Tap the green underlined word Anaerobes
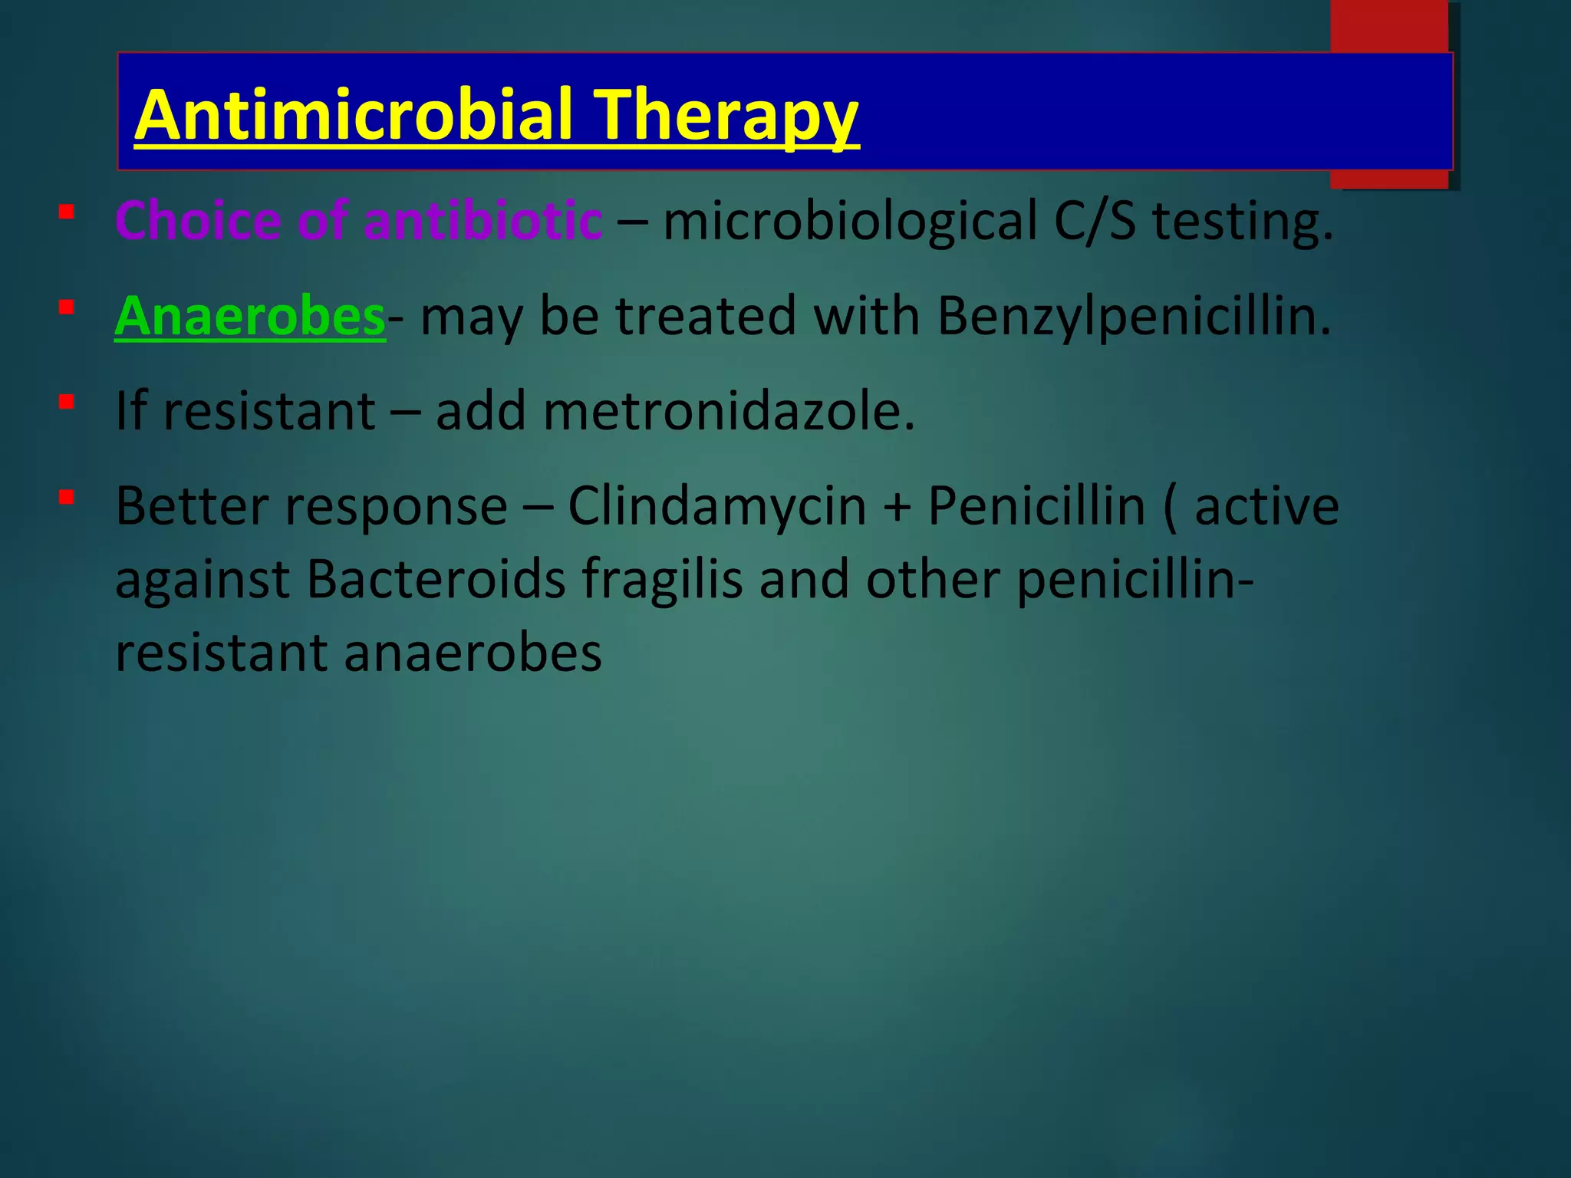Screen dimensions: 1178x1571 249,315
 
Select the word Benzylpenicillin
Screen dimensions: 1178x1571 1133,317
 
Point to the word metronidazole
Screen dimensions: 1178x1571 728,411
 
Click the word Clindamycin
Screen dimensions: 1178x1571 716,508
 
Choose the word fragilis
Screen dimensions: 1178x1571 662,581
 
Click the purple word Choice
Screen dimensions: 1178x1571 198,221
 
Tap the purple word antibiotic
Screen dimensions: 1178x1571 482,221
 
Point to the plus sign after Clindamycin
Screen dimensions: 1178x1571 897,508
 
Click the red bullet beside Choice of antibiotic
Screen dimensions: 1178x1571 67,212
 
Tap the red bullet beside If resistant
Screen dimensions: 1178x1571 67,402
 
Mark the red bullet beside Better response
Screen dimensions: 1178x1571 67,498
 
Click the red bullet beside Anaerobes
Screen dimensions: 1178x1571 67,308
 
